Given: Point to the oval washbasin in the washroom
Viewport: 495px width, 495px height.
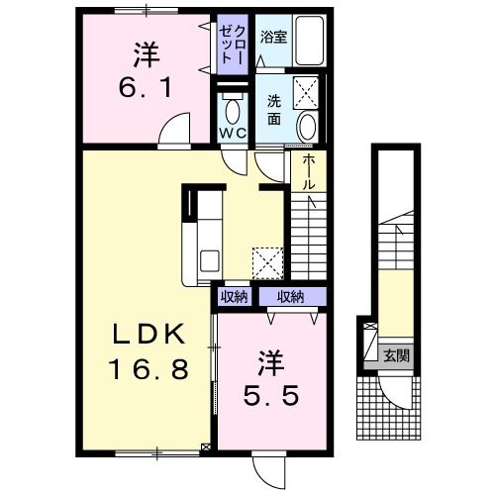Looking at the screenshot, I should click(x=308, y=128).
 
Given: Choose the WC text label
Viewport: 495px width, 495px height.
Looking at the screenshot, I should click(x=234, y=133).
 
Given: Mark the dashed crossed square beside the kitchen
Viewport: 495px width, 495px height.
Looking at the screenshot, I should click(x=268, y=262).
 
